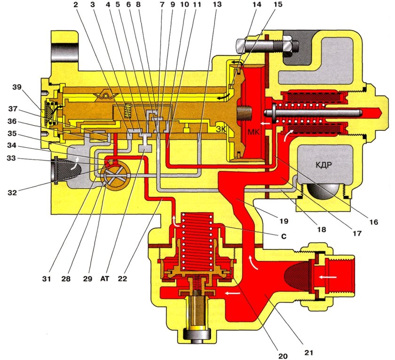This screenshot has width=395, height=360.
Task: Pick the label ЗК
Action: [221, 128]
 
